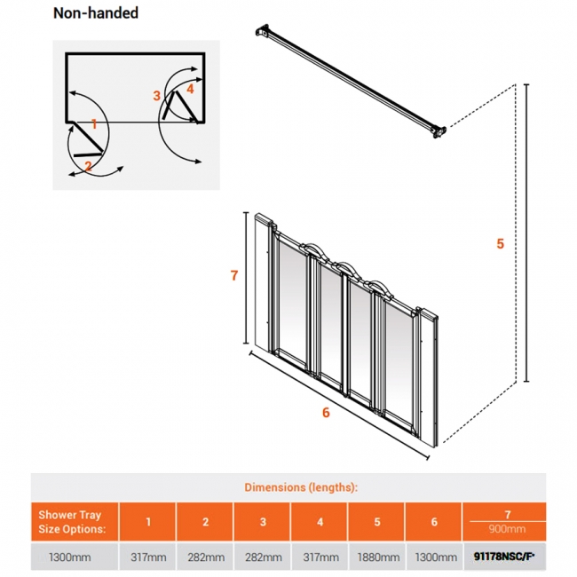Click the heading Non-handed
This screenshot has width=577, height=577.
(x=96, y=13)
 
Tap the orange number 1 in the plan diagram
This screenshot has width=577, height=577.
(x=94, y=124)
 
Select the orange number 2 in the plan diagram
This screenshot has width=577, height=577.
(x=88, y=165)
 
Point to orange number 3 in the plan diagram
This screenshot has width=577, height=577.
(x=156, y=95)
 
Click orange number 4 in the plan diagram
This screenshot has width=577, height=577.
(x=190, y=89)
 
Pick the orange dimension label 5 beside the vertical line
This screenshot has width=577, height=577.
(x=500, y=243)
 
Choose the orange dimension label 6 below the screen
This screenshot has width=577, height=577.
(x=326, y=412)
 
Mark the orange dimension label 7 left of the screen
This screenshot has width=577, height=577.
(x=233, y=275)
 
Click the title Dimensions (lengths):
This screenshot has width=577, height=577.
(x=301, y=487)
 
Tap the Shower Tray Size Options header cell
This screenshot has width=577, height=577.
(x=75, y=522)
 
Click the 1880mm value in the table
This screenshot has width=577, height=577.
(x=376, y=557)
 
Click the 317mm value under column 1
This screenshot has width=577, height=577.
(x=147, y=557)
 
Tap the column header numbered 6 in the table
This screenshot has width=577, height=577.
(x=434, y=522)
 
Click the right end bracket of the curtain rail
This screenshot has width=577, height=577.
(x=438, y=130)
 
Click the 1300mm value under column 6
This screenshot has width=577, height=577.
(x=434, y=557)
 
